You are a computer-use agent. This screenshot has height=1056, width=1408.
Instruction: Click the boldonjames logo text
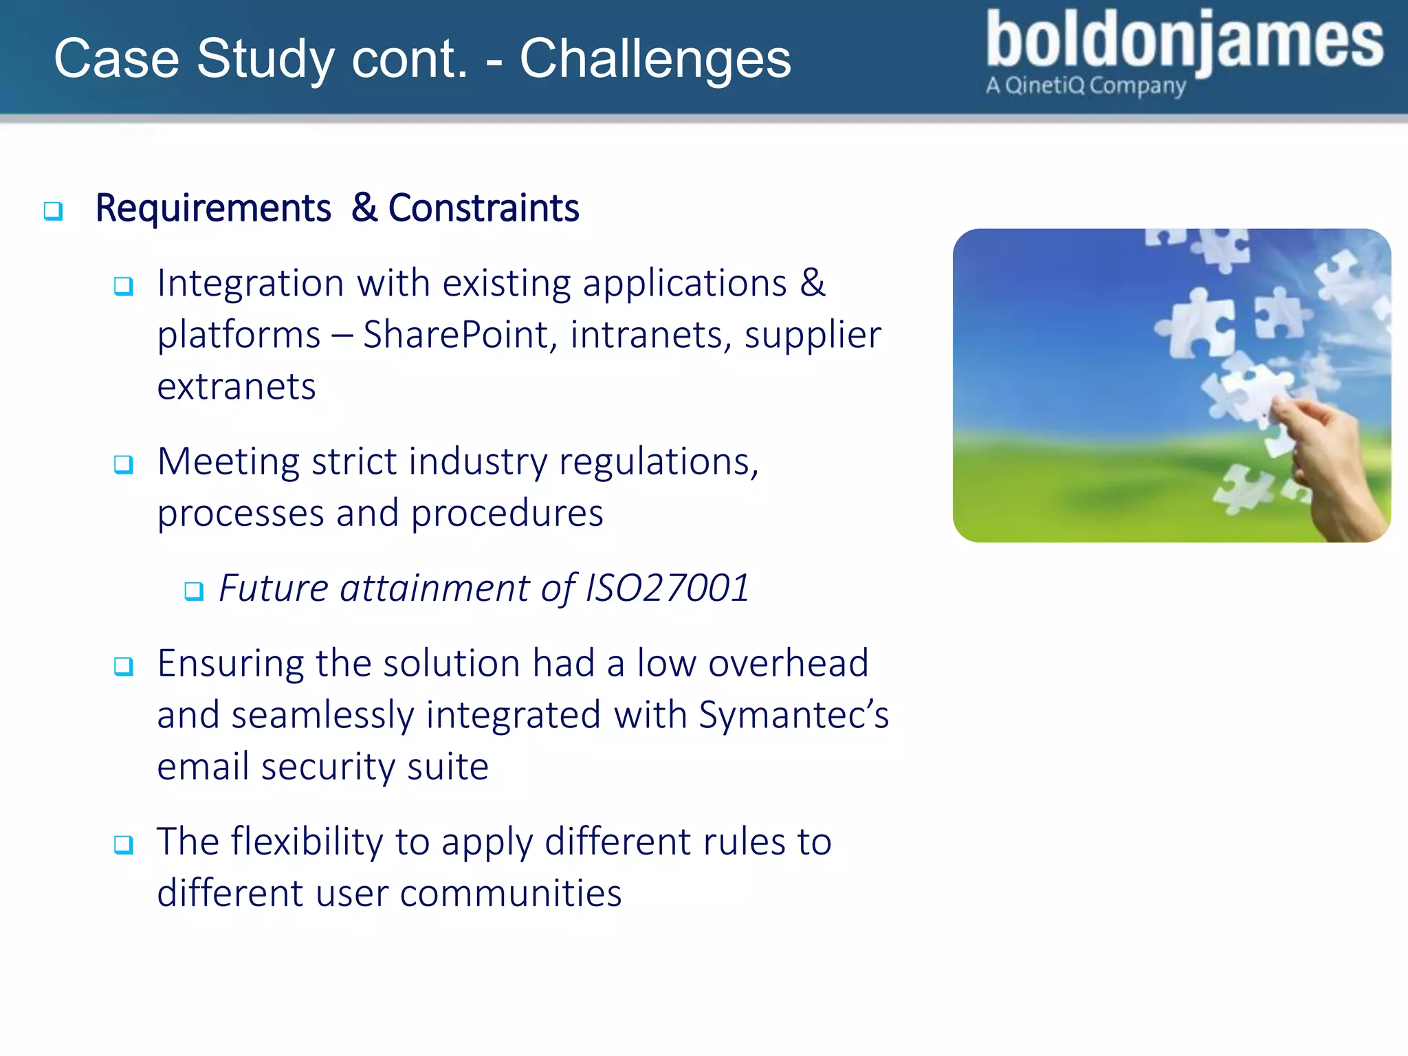(x=1184, y=41)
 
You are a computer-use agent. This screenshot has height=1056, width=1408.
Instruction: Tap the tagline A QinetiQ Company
(x=1086, y=86)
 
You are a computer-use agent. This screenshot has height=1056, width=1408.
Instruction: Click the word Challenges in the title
(x=654, y=59)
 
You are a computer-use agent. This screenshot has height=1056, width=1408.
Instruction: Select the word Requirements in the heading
(x=213, y=208)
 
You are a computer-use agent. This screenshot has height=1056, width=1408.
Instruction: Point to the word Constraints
(x=483, y=208)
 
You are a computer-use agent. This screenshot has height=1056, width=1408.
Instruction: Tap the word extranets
(x=236, y=386)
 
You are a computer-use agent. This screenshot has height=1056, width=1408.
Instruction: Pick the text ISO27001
(x=667, y=588)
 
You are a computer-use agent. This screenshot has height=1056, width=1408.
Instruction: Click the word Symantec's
(x=793, y=715)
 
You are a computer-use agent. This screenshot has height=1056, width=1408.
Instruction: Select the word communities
(x=510, y=894)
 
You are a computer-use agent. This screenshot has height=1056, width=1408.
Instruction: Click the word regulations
(x=659, y=462)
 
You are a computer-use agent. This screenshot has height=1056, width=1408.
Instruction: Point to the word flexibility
(x=307, y=842)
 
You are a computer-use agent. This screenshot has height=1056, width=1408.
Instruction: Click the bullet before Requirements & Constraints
(x=53, y=210)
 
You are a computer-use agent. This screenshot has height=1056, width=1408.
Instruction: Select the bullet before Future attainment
(x=194, y=591)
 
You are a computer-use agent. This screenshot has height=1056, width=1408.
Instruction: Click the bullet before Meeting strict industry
(x=124, y=465)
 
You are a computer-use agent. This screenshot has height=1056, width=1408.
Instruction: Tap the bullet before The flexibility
(x=124, y=844)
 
